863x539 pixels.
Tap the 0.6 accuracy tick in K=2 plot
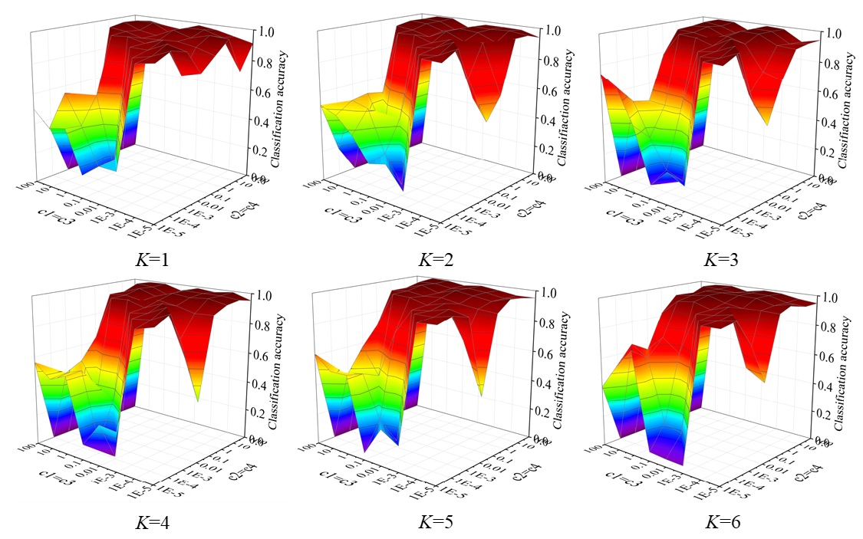[551, 90]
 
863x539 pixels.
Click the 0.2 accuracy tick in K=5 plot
[551, 412]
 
